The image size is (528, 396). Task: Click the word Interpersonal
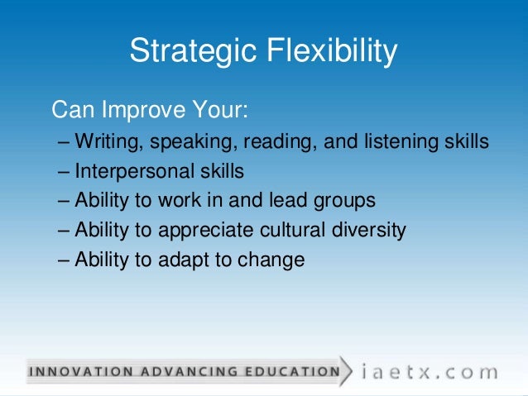click(x=136, y=171)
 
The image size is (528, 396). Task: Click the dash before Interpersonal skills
click(x=65, y=172)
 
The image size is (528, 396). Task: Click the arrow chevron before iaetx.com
click(x=348, y=370)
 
